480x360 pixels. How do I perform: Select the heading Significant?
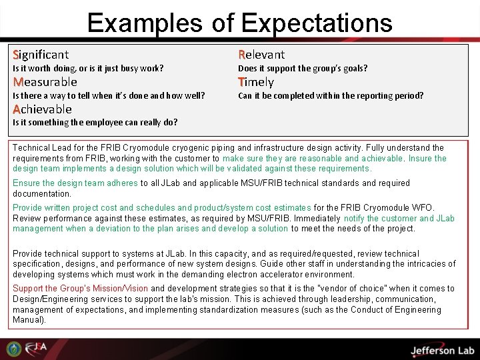(41, 55)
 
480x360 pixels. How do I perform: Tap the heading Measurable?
(45, 82)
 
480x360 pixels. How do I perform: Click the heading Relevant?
(261, 55)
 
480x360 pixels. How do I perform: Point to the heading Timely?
(256, 82)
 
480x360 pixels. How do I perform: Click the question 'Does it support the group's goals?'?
(303, 69)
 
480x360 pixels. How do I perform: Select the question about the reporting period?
(331, 96)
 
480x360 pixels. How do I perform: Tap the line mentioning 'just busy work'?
(89, 69)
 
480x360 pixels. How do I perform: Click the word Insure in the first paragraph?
(421, 159)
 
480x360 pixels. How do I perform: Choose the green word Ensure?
(26, 183)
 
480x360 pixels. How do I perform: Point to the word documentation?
(42, 194)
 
